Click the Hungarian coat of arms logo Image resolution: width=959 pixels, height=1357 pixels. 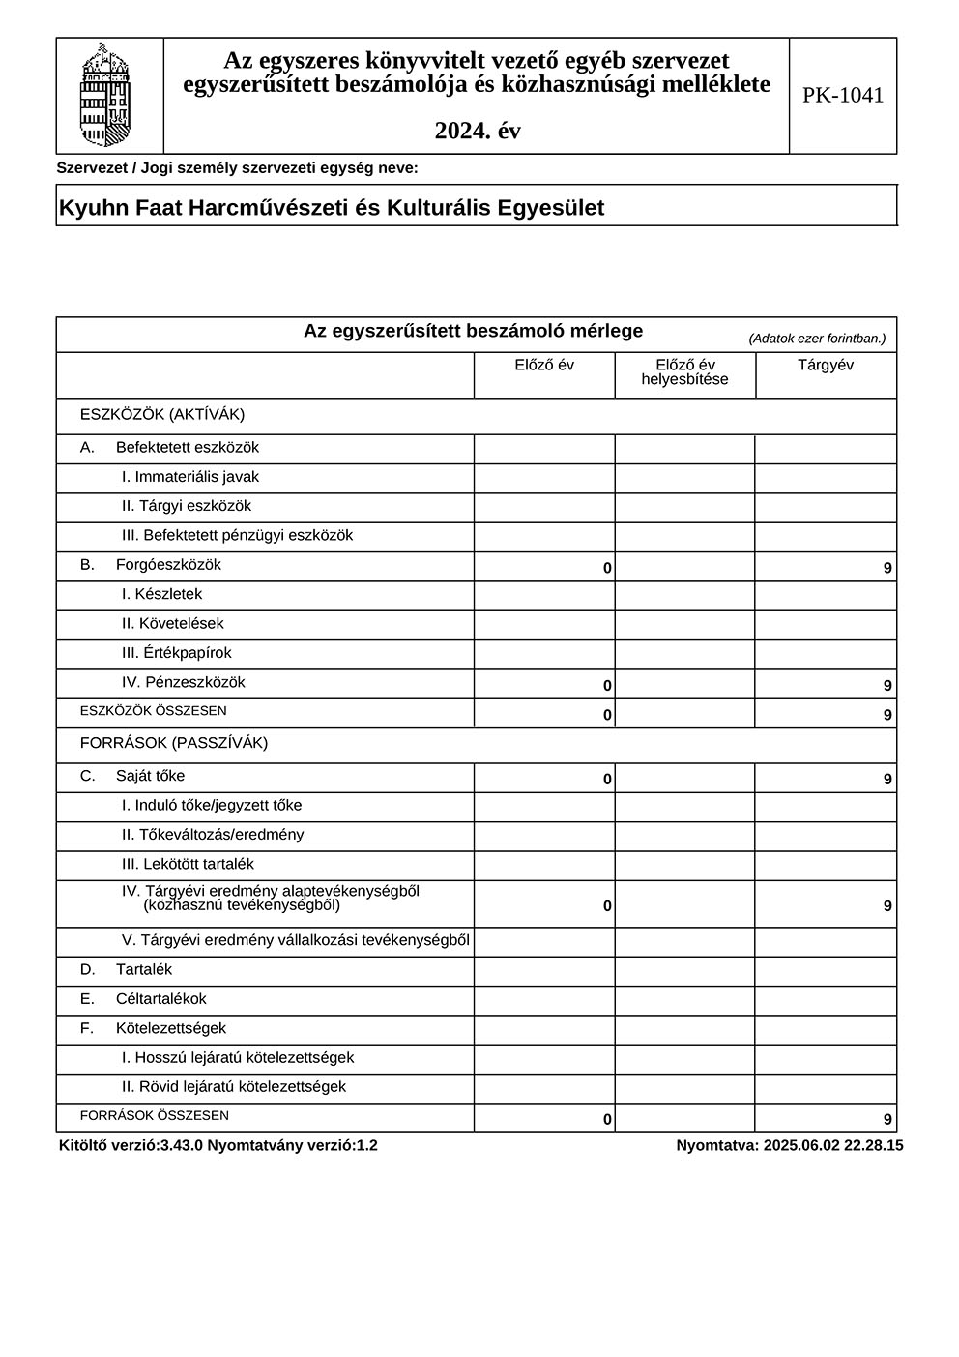pos(105,95)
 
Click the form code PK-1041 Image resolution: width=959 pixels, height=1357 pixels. pos(842,95)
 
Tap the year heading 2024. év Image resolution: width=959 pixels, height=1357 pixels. pos(477,131)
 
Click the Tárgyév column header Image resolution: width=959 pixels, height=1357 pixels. pos(825,365)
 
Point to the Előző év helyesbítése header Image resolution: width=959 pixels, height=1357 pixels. pos(684,372)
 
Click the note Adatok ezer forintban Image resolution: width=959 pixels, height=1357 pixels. pos(817,339)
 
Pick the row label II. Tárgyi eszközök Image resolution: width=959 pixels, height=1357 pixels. pos(187,506)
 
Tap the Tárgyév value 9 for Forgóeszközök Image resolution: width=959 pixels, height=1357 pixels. pos(887,568)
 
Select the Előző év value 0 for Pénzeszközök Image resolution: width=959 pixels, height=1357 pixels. pos(607,686)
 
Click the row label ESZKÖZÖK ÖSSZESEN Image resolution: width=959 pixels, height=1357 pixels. pos(153,711)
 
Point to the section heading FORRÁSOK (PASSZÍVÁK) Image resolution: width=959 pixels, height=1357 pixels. pos(174,743)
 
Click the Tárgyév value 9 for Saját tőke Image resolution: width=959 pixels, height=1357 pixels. pos(887,779)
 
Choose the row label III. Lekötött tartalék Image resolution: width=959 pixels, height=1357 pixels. pos(188,864)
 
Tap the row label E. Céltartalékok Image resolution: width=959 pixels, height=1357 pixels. pos(143,999)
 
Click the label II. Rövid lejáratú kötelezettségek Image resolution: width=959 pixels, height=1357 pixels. pos(233,1087)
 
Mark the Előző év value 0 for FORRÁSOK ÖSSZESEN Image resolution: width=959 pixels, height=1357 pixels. pos(607,1119)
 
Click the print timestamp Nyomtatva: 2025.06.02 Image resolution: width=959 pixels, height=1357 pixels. pos(790,1145)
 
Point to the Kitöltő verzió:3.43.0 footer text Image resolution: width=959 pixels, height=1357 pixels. pos(218,1145)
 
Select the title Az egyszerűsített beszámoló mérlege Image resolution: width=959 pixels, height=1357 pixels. pos(473,331)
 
